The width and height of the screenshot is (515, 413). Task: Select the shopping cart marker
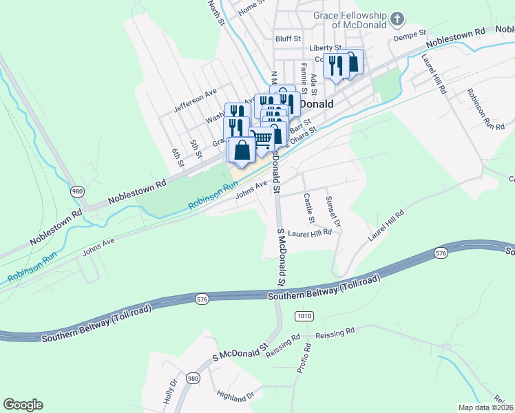[261, 138]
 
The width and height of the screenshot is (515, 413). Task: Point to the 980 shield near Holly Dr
[193, 379]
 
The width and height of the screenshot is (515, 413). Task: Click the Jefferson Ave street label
[196, 99]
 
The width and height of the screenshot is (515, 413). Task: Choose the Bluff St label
[288, 39]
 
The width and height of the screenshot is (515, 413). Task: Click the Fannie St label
[303, 74]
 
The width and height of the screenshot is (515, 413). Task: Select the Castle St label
[308, 209]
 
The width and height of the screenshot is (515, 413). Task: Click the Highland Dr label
[235, 396]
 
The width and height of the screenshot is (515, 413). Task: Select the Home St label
[251, 8]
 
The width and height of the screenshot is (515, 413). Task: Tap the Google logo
[23, 405]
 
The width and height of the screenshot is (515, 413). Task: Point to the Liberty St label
[325, 47]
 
